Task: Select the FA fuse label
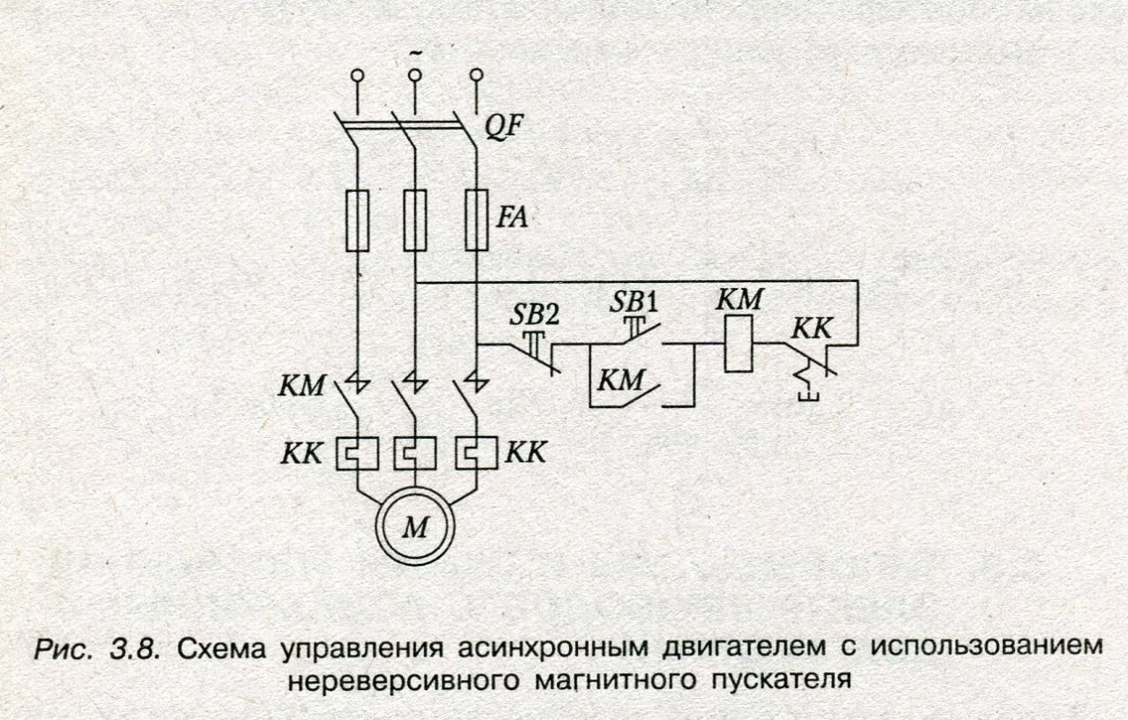coord(512,217)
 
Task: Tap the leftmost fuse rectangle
coord(358,220)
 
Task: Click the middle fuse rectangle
coord(415,220)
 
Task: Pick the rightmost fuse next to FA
coord(477,220)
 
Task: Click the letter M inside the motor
coord(416,528)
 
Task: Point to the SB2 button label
coord(534,315)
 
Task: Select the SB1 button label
coord(634,302)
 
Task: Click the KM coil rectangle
coord(738,344)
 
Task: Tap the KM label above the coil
coord(739,299)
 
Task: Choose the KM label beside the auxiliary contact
coord(621,380)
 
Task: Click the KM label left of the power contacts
coord(301,385)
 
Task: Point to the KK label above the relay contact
coord(812,329)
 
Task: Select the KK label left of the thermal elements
coord(301,454)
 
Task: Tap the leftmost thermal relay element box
coord(358,453)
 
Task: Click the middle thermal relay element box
coord(415,453)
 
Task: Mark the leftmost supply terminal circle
coord(358,76)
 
